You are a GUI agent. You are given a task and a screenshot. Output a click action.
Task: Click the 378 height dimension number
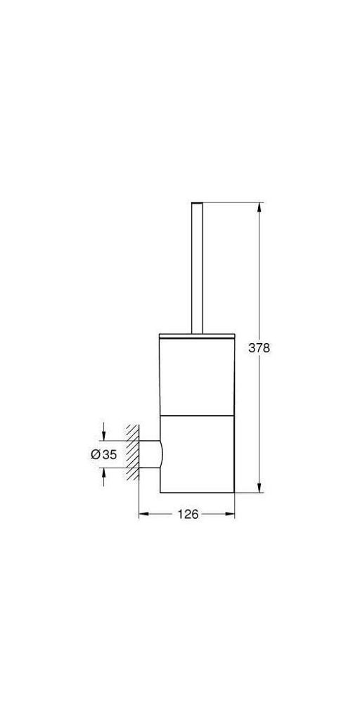coord(259,348)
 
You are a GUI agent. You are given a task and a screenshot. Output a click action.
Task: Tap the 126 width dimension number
coord(188,514)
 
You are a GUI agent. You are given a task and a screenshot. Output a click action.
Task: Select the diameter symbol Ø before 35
coord(96,455)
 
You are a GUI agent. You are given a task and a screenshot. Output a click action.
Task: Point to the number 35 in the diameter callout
coord(110,455)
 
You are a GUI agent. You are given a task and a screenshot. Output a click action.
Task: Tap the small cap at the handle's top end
coord(197,203)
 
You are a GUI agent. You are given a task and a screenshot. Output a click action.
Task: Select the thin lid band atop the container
coord(197,335)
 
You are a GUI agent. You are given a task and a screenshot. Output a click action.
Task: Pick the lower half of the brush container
coord(198,454)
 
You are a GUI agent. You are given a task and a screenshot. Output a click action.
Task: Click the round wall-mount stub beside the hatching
coord(150,455)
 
